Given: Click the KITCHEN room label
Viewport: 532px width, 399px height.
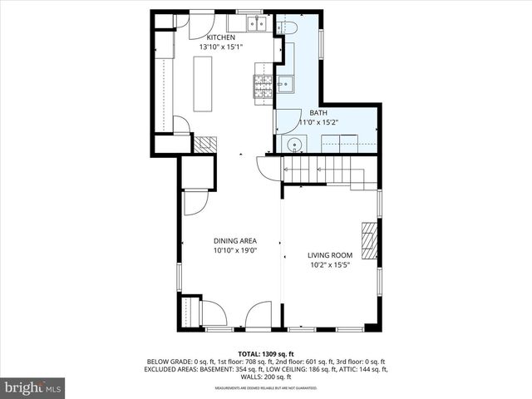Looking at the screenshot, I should click(x=221, y=37).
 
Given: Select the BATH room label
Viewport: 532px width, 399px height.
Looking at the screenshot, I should click(x=319, y=113).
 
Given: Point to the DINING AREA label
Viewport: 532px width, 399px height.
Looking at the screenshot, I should click(x=234, y=241).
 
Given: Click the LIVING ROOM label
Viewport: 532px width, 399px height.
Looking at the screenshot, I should click(x=330, y=255).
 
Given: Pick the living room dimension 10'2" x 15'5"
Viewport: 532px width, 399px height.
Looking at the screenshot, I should click(x=330, y=265).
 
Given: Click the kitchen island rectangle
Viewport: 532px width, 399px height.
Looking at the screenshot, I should click(x=204, y=84).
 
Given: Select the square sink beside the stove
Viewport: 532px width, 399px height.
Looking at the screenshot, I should click(x=284, y=83).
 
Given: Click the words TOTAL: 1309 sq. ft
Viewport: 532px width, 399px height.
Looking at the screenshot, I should click(x=266, y=353).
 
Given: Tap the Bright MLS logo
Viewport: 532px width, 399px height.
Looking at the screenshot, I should click(x=33, y=387).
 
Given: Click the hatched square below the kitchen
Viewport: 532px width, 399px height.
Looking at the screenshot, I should click(x=204, y=143).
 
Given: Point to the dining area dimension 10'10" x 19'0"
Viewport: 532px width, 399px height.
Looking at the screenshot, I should click(x=234, y=250).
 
